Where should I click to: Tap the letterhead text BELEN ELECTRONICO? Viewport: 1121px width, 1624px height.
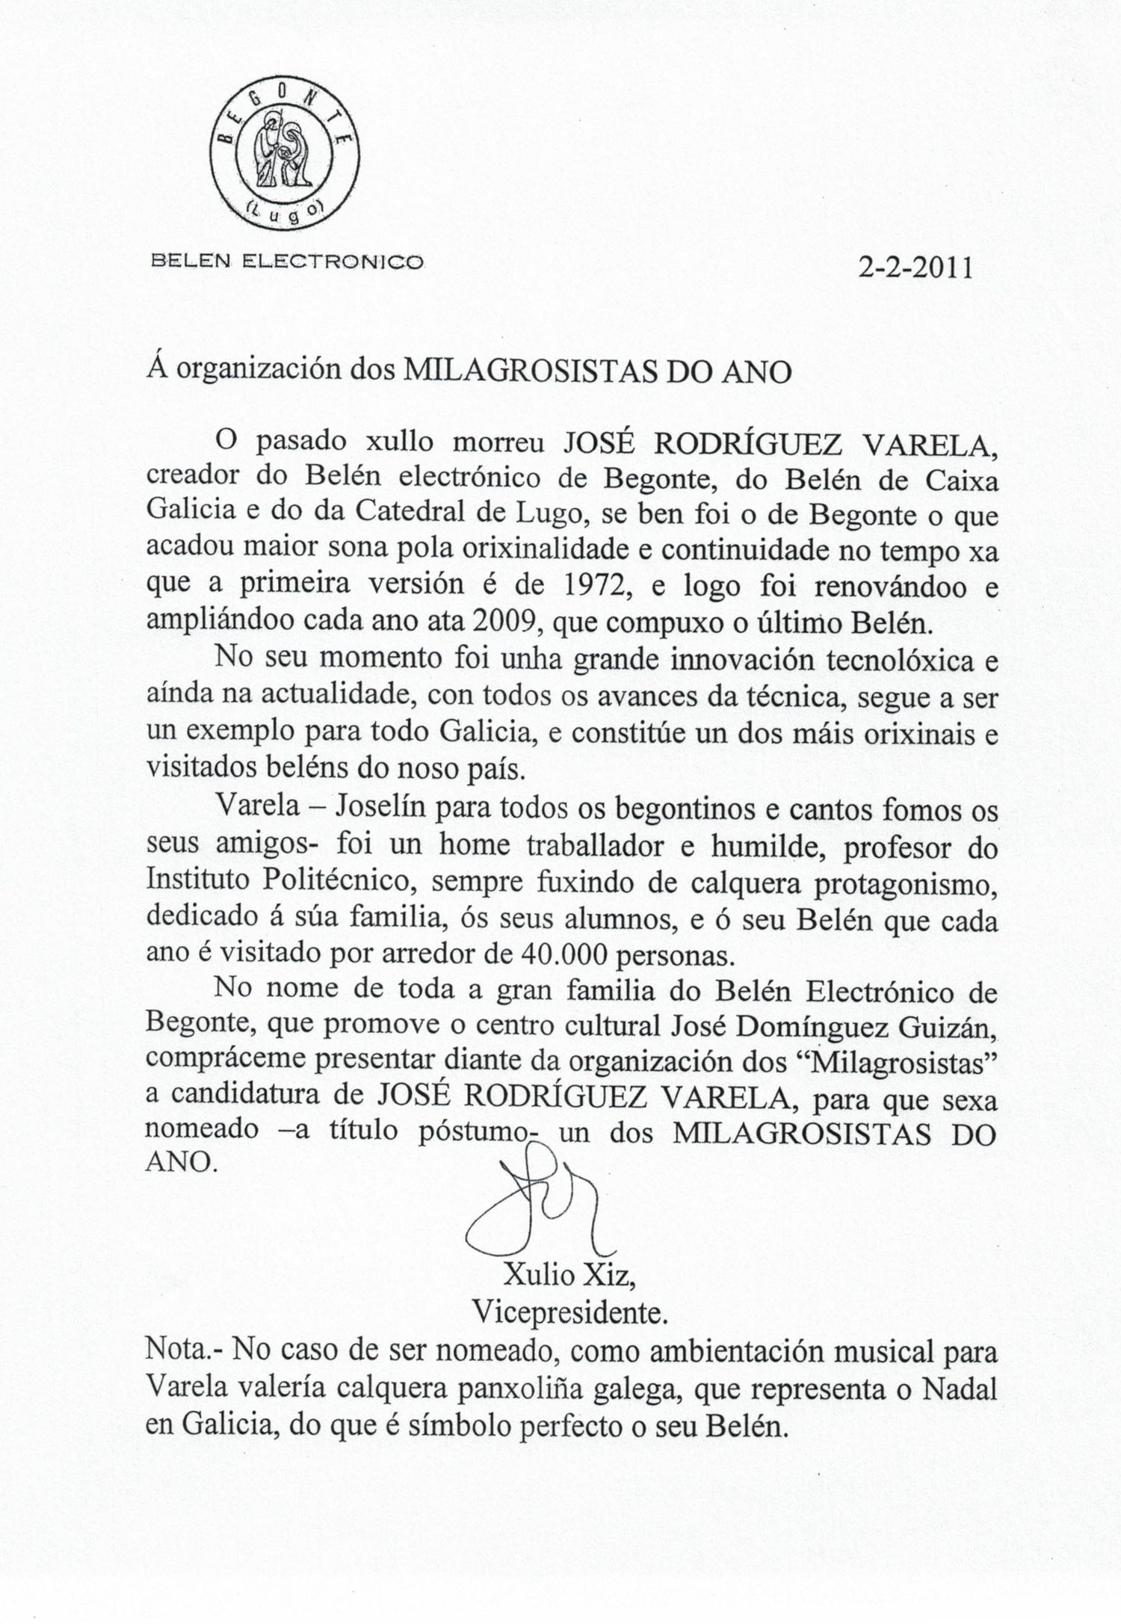pyautogui.click(x=288, y=262)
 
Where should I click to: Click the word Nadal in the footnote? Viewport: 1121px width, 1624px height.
pyautogui.click(x=960, y=1388)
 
